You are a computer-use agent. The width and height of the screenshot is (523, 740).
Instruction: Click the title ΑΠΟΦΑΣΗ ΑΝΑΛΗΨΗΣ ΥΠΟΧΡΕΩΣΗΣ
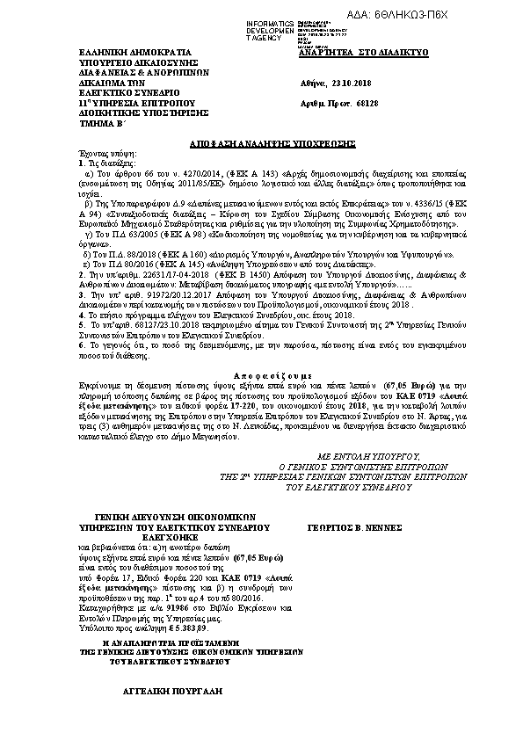(261, 142)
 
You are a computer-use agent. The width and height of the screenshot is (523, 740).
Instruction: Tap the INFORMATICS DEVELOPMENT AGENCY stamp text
(272, 29)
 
